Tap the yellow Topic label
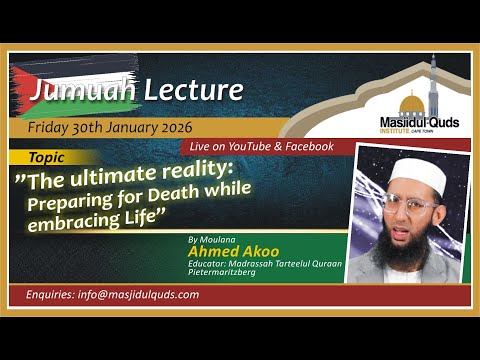click(x=45, y=157)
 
